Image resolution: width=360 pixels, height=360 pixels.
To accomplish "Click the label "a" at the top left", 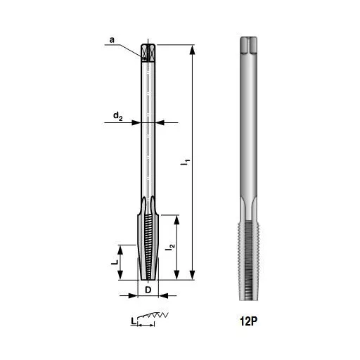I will (x=112, y=41).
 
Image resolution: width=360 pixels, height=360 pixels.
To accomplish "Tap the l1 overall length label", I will (x=186, y=162).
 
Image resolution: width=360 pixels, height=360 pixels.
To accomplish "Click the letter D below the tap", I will (x=148, y=289).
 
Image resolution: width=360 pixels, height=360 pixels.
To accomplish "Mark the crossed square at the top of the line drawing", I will (x=147, y=53).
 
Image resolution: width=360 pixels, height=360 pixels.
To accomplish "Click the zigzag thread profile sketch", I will (x=151, y=317).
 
